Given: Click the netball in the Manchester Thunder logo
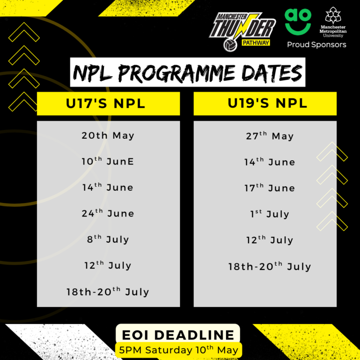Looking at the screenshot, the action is pyautogui.click(x=230, y=45).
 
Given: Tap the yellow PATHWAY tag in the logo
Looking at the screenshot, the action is pyautogui.click(x=256, y=43).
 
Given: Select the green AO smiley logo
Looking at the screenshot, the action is pyautogui.click(x=298, y=22).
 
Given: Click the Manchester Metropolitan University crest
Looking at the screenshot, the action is pyautogui.click(x=333, y=15).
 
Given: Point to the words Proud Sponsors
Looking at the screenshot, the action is pyautogui.click(x=316, y=45).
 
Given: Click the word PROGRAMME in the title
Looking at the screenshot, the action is pyautogui.click(x=177, y=73).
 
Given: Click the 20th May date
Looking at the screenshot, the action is pyautogui.click(x=108, y=135).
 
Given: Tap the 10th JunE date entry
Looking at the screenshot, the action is pyautogui.click(x=108, y=161).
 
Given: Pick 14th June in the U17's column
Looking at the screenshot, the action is pyautogui.click(x=108, y=187).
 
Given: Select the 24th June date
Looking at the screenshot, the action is pyautogui.click(x=108, y=213).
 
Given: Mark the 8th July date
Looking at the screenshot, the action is pyautogui.click(x=108, y=239).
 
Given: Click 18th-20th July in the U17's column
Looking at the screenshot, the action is pyautogui.click(x=108, y=292).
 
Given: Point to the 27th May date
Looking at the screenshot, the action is pyautogui.click(x=270, y=136).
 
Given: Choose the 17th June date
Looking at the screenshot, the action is pyautogui.click(x=270, y=188).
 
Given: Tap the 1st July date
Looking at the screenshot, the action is pyautogui.click(x=270, y=214).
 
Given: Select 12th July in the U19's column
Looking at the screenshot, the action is pyautogui.click(x=270, y=240).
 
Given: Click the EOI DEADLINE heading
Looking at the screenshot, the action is pyautogui.click(x=178, y=335).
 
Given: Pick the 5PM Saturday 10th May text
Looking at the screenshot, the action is pyautogui.click(x=179, y=350).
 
